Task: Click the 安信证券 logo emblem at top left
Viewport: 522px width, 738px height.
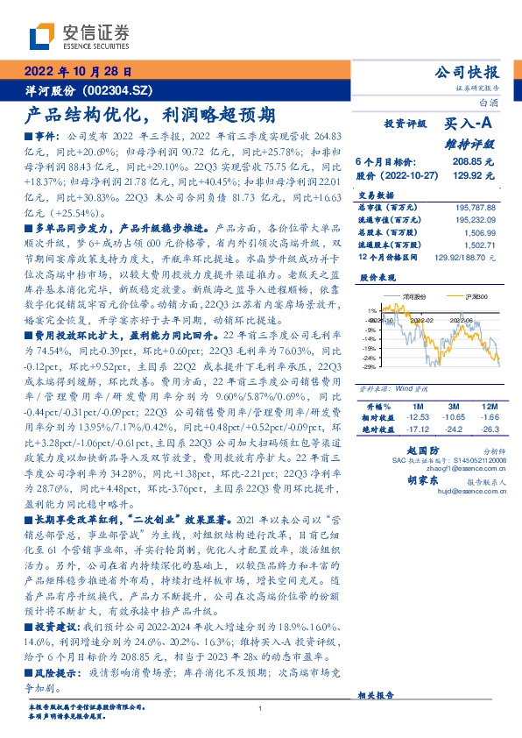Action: tap(43, 36)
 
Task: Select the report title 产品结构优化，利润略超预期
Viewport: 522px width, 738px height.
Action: tap(149, 115)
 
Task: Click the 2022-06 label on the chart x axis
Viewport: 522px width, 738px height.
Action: tap(462, 321)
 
